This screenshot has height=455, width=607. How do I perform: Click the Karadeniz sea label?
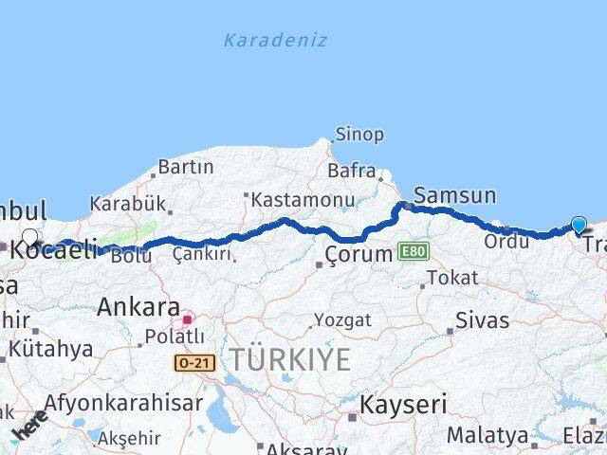(275, 41)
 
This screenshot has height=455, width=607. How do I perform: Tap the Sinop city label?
(360, 135)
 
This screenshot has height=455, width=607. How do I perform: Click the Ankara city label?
(138, 307)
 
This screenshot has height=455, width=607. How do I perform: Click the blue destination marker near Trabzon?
(579, 225)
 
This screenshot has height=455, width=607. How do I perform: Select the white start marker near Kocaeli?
(30, 238)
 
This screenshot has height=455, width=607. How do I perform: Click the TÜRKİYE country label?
(288, 359)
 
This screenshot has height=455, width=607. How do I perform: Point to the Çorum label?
(359, 254)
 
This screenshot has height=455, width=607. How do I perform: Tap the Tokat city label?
(451, 278)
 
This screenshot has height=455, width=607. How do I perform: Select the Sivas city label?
(482, 319)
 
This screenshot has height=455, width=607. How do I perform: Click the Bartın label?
(185, 167)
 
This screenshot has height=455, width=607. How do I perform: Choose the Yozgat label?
(342, 320)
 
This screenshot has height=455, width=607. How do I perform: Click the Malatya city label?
(487, 435)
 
